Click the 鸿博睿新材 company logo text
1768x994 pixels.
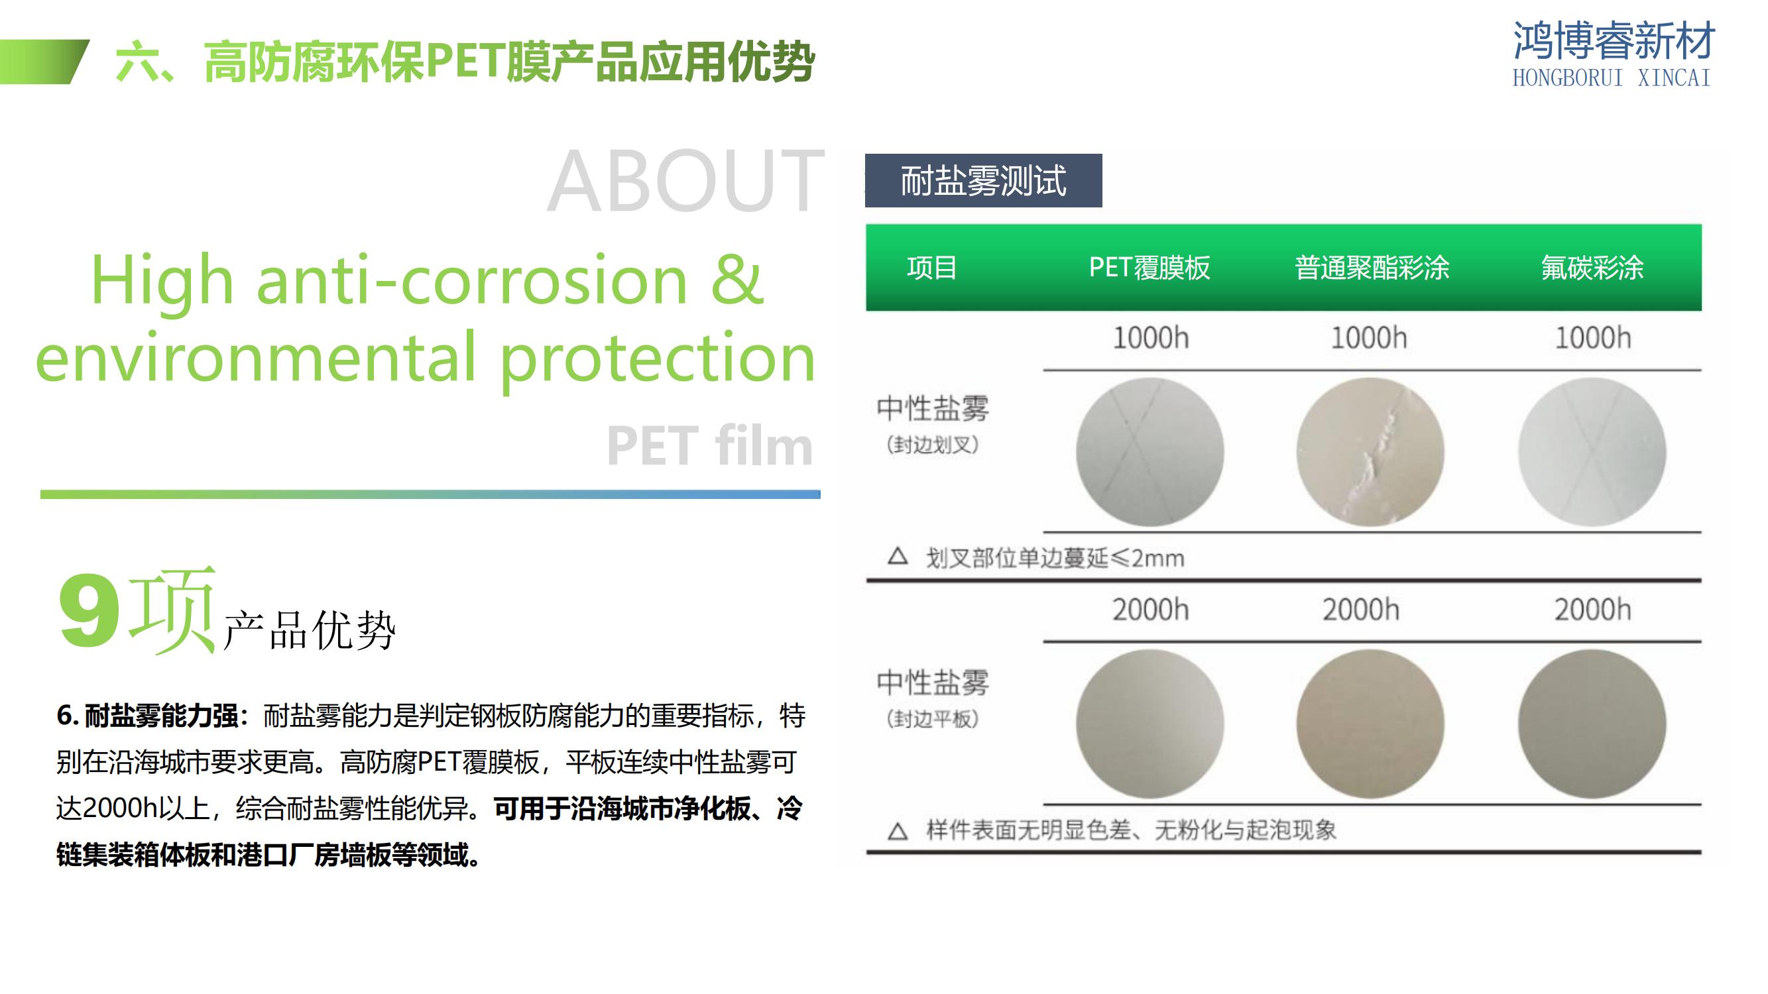tap(1613, 40)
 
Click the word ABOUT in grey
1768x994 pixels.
tap(685, 182)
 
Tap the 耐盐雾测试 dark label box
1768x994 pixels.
tap(983, 180)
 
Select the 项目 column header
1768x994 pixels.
tap(931, 268)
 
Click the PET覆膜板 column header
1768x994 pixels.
tap(1149, 268)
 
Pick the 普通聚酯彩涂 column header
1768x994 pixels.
tap(1372, 268)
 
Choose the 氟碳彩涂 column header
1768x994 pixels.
tap(1592, 268)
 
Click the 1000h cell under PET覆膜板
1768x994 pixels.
tap(1150, 338)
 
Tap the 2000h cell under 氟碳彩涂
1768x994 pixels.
tap(1592, 610)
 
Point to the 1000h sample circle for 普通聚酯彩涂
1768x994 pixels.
tap(1370, 452)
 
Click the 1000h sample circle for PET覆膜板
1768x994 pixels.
tap(1149, 452)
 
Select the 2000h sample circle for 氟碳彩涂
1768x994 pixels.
tap(1592, 724)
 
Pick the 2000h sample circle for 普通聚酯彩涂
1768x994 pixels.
tap(1370, 724)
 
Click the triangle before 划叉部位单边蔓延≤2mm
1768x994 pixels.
tap(898, 556)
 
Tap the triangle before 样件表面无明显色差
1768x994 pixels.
tap(898, 832)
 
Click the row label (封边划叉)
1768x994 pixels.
tap(932, 445)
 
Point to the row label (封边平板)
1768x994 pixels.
tap(932, 719)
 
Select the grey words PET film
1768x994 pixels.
tap(710, 445)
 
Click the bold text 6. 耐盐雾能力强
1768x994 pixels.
tap(147, 716)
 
